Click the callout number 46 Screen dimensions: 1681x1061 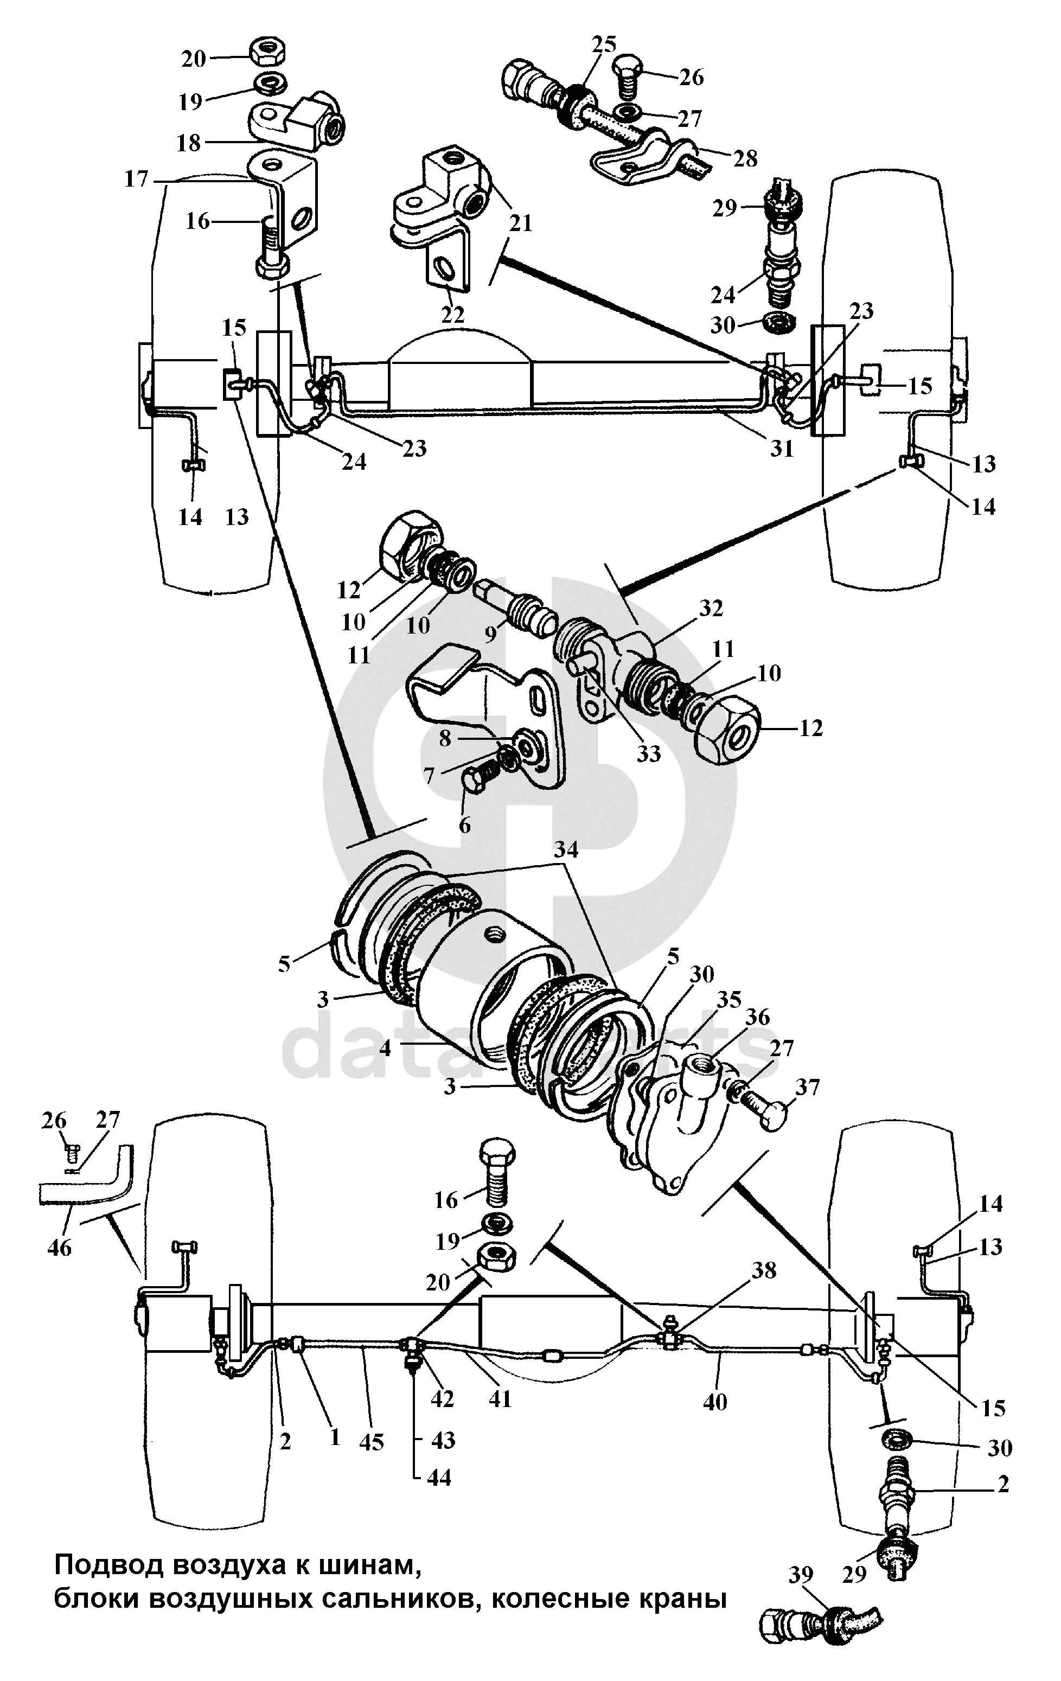click(59, 1247)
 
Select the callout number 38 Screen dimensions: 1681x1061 click(764, 1270)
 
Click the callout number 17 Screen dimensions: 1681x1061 click(136, 180)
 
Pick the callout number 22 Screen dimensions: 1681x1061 click(452, 314)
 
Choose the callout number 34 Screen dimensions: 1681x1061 click(567, 849)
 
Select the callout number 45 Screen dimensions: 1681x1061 click(372, 1441)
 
